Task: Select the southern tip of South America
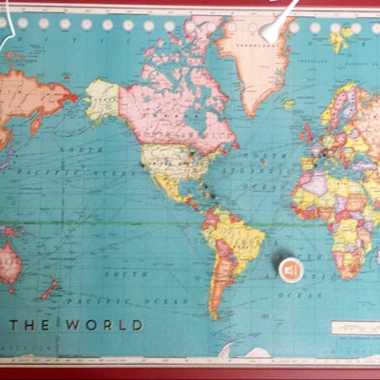(x=216, y=313)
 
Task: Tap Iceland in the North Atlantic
(x=290, y=104)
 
